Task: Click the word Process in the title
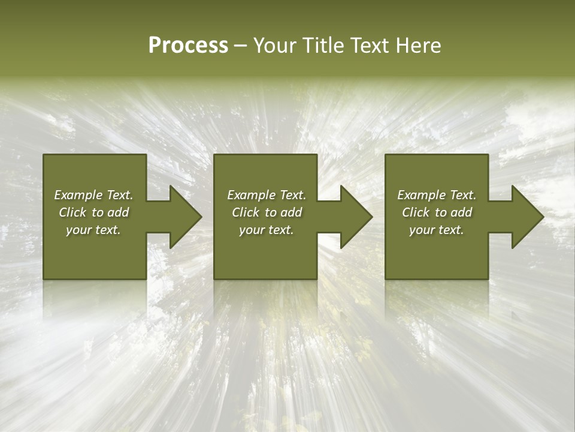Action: point(188,46)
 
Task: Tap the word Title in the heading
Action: point(324,46)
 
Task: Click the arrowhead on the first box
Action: point(183,217)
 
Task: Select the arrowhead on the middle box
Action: point(354,217)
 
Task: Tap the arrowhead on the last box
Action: point(525,217)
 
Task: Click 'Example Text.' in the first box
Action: point(93,195)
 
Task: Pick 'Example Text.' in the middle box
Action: point(267,195)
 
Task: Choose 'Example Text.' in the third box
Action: point(437,195)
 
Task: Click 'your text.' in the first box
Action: point(93,230)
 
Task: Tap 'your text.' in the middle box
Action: point(267,230)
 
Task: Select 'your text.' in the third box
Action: point(437,230)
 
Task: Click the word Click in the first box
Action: point(72,212)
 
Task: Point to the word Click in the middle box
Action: point(246,212)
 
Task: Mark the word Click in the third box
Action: point(416,212)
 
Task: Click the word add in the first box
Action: point(118,212)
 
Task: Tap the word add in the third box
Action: point(461,212)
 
